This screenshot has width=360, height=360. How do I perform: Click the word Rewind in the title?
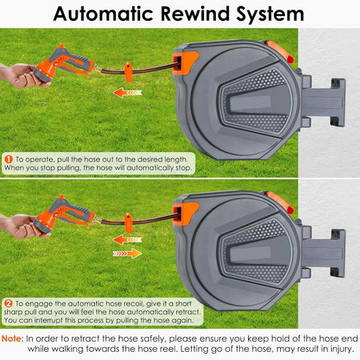coord(195,14)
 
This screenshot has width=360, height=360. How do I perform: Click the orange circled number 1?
coord(9,159)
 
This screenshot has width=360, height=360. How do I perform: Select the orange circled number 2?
coord(9,303)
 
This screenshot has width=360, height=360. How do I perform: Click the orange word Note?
coord(12,338)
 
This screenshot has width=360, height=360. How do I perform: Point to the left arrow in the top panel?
coord(127,93)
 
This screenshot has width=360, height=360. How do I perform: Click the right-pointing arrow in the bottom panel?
coord(127,254)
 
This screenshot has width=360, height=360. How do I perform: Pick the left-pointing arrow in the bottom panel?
coord(127,240)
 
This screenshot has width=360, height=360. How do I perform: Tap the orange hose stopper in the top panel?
coord(128,72)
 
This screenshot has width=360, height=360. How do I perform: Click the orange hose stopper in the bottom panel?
coord(128,223)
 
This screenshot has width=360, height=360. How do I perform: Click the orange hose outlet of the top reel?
coord(184,63)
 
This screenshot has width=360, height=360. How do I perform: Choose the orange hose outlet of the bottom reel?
coord(184,214)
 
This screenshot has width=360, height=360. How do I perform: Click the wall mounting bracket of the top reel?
coord(323,102)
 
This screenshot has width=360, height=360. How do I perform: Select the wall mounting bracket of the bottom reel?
coord(323,253)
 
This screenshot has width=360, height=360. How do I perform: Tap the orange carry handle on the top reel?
coord(280,52)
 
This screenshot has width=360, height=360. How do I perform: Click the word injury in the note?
coord(342,349)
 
